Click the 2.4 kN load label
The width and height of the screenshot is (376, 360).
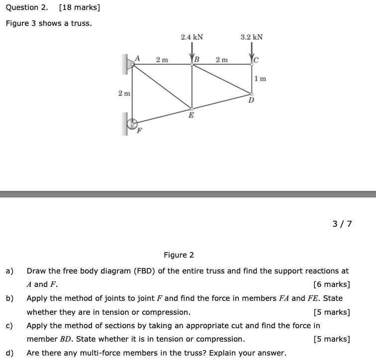click(x=191, y=37)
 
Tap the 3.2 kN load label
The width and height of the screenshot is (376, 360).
click(x=251, y=37)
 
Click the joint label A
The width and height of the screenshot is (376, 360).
click(x=137, y=58)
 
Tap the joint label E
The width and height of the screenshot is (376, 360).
click(x=191, y=116)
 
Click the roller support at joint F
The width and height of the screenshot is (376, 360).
click(x=132, y=124)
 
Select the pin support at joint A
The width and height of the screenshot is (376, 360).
click(x=130, y=64)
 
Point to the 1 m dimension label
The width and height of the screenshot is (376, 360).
click(x=260, y=79)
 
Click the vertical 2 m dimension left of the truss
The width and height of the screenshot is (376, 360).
click(x=124, y=93)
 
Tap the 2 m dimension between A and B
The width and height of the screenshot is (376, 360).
click(x=162, y=60)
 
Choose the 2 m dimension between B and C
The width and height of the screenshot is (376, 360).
click(x=222, y=60)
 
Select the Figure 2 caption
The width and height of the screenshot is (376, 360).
click(x=179, y=255)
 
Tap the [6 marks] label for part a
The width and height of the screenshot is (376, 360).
click(x=332, y=285)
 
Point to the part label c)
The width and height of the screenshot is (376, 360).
click(x=9, y=326)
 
